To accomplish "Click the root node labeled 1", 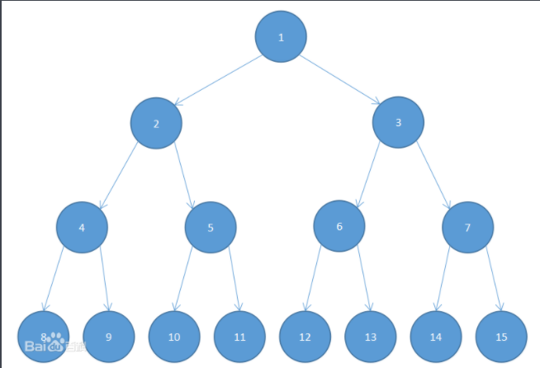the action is pyautogui.click(x=281, y=36).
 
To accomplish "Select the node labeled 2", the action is pyautogui.click(x=156, y=123).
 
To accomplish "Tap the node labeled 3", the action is pyautogui.click(x=398, y=123).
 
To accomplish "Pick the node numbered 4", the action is pyautogui.click(x=82, y=228).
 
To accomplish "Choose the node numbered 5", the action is pyautogui.click(x=211, y=228).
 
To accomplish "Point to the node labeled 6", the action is pyautogui.click(x=339, y=226).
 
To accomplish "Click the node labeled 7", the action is pyautogui.click(x=467, y=228).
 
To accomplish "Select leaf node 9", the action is pyautogui.click(x=109, y=337).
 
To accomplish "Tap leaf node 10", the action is pyautogui.click(x=174, y=337).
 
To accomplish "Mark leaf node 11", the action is pyautogui.click(x=239, y=337).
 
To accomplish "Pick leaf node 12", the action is pyautogui.click(x=306, y=337).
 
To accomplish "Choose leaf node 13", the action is pyautogui.click(x=371, y=337).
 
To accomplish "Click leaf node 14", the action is pyautogui.click(x=436, y=337).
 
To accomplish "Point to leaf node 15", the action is pyautogui.click(x=501, y=337).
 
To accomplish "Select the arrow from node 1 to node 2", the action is pyautogui.click(x=218, y=80).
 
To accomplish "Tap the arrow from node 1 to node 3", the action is pyautogui.click(x=340, y=79).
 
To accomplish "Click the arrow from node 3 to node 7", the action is pyautogui.click(x=433, y=175).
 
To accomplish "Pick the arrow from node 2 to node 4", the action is pyautogui.click(x=118, y=176).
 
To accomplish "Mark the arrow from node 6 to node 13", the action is pyautogui.click(x=364, y=278).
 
